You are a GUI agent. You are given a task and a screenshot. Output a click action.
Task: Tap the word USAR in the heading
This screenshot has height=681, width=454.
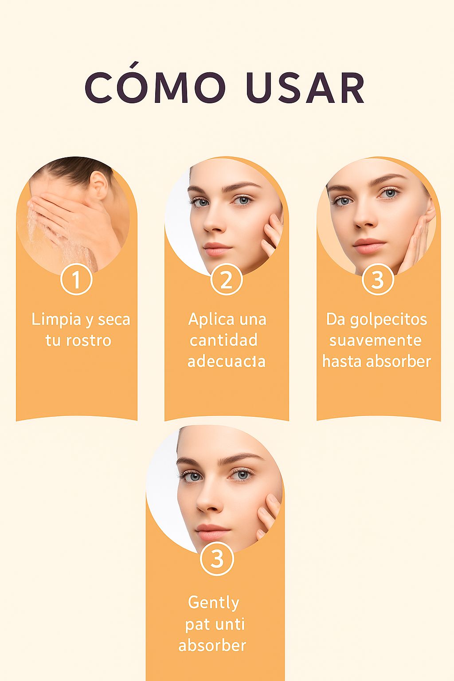click(x=305, y=87)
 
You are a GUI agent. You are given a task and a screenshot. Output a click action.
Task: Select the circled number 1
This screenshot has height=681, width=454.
click(x=76, y=280)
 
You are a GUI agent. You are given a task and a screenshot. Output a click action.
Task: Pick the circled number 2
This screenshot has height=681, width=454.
click(x=226, y=280)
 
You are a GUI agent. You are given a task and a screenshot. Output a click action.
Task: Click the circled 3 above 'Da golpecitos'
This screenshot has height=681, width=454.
click(x=378, y=280)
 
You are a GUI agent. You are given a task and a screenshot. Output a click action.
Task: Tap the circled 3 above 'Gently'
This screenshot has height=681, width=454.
click(x=217, y=559)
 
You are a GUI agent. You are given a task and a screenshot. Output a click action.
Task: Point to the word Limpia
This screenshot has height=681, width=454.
click(x=56, y=320)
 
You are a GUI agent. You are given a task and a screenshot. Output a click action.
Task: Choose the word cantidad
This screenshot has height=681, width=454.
click(x=223, y=340)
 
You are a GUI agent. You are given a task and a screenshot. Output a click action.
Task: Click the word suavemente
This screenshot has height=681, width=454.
click(x=376, y=340)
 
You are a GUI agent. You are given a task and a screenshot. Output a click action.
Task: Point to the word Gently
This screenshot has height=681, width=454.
click(x=214, y=603)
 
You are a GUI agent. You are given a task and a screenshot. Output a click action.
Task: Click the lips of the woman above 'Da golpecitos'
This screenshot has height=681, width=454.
click(x=369, y=245)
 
